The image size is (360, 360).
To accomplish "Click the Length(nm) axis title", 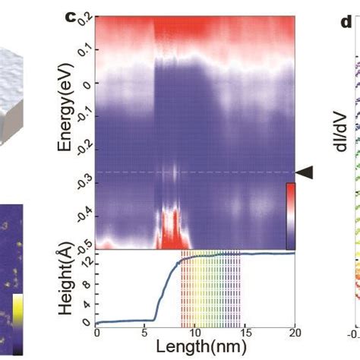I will click(x=195, y=346).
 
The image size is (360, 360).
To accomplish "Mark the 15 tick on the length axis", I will click(x=245, y=333).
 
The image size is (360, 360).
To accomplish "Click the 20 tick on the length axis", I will click(x=294, y=333).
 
